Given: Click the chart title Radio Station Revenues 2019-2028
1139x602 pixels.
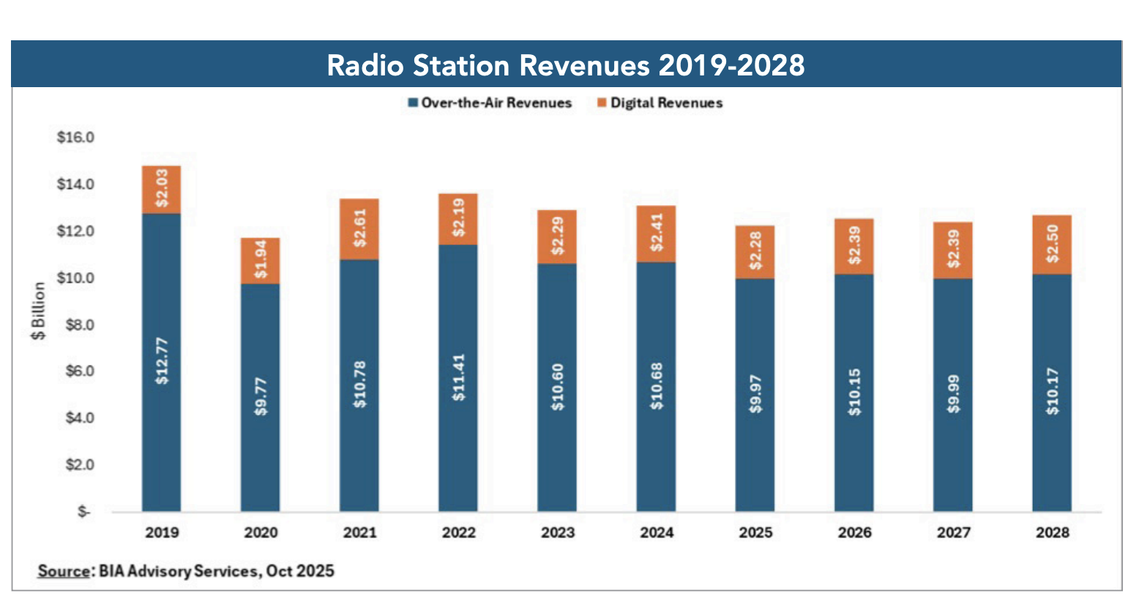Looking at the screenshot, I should (565, 65).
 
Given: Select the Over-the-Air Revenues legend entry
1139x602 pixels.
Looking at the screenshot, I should (496, 103).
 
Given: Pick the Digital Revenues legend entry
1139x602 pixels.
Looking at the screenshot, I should (665, 103).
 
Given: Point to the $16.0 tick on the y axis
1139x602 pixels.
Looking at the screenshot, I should (75, 138).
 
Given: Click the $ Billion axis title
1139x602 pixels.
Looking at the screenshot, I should (38, 311).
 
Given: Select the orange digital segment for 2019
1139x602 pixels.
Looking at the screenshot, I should (162, 189).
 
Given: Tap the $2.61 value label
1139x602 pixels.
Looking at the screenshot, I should (360, 228).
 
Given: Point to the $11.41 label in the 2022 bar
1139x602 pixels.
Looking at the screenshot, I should (459, 377).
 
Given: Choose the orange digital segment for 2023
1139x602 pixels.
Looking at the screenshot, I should (558, 236).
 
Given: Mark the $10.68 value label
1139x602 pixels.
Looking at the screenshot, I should (657, 386).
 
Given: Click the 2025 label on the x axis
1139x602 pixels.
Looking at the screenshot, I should (755, 532).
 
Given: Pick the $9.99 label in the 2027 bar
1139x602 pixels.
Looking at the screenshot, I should (953, 394).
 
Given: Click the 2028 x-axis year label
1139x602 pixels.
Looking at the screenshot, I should (1052, 532).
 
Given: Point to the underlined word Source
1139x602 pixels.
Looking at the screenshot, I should (64, 571).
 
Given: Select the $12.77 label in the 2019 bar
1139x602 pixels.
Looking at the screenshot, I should (162, 360).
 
